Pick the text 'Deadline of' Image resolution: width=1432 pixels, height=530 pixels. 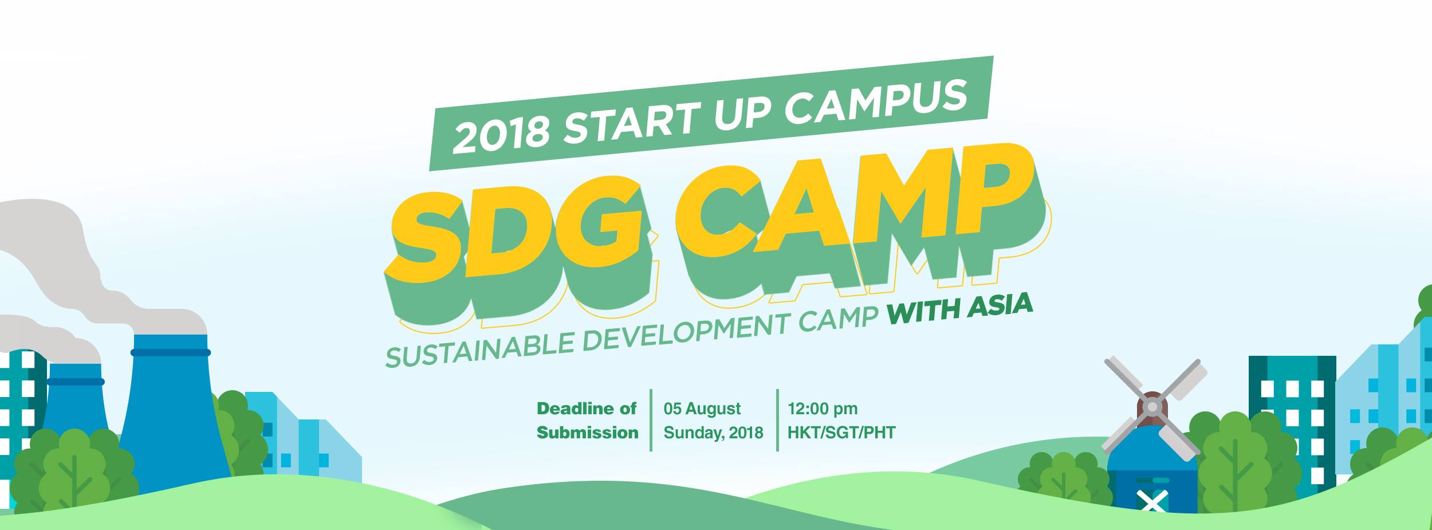[x=587, y=409]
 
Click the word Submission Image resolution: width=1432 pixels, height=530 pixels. [x=587, y=433]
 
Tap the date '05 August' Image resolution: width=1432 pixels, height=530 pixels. [x=702, y=409]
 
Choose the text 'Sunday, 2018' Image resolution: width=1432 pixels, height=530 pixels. [x=714, y=433]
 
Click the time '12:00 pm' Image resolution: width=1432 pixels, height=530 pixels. [x=823, y=409]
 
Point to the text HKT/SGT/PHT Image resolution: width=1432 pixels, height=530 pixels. [x=841, y=433]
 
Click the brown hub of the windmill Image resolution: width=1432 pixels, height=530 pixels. [x=1152, y=407]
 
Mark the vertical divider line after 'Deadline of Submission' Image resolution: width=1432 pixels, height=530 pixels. [x=651, y=420]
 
